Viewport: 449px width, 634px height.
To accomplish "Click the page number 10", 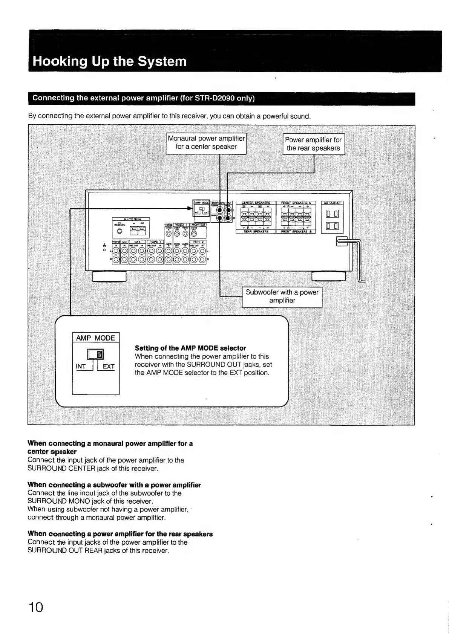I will [x=36, y=607].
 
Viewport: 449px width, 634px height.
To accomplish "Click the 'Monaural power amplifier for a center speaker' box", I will [x=206, y=143].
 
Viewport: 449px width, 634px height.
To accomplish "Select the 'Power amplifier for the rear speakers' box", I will [x=313, y=144].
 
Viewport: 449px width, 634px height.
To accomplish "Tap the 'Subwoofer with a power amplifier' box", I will [x=282, y=296].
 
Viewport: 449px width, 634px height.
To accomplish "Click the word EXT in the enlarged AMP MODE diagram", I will [x=109, y=367].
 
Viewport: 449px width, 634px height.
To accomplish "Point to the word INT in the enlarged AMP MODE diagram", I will [x=81, y=367].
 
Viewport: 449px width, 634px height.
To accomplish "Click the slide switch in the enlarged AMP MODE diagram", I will [x=96, y=354].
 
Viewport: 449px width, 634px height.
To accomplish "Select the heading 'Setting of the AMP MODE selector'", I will [x=190, y=348].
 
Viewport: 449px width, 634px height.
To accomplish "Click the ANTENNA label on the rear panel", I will [x=132, y=219].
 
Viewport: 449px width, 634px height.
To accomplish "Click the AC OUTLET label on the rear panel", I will [x=332, y=203].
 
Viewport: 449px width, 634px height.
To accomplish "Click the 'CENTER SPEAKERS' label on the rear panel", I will [x=256, y=203].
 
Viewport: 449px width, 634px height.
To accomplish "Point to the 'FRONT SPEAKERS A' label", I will [x=296, y=203].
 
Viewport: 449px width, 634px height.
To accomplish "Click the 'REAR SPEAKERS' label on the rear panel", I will [x=256, y=232].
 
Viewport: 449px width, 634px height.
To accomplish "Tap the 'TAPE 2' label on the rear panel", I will [x=198, y=242].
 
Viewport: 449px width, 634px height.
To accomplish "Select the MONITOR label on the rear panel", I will [x=198, y=225].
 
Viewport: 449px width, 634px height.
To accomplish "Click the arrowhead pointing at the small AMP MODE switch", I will [x=190, y=208].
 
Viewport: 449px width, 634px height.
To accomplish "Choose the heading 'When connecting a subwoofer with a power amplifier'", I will [x=114, y=485].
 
